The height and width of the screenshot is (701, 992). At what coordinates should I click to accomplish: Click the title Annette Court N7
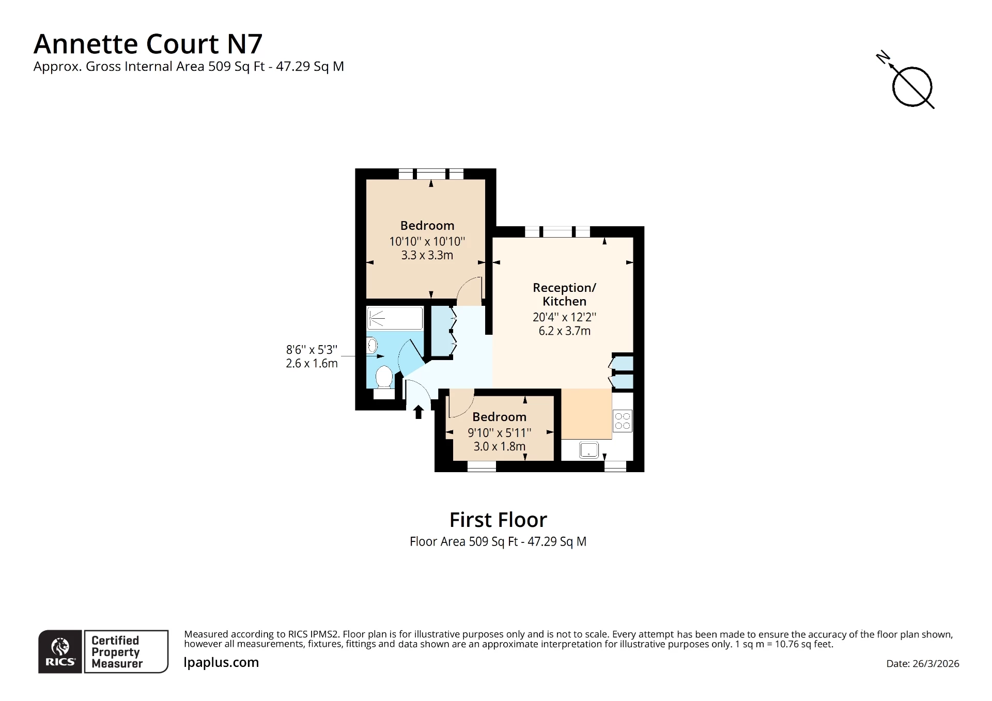[148, 44]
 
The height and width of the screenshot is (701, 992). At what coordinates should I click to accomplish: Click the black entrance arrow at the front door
[419, 412]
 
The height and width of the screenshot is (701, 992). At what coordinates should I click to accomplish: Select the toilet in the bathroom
[383, 377]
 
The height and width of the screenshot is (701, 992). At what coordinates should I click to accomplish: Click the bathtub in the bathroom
[395, 318]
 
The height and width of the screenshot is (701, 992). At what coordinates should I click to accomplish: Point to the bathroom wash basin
[372, 345]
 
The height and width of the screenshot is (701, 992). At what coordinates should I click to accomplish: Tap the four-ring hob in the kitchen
[623, 420]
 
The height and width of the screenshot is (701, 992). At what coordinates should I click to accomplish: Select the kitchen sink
[588, 449]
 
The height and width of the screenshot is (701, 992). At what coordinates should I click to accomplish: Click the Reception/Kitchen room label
[564, 294]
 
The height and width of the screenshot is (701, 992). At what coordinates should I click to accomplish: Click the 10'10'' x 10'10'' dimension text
[427, 241]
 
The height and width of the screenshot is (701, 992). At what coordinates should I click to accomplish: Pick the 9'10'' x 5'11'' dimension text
[499, 433]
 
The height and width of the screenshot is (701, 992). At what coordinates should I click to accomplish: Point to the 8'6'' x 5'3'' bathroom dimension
[312, 350]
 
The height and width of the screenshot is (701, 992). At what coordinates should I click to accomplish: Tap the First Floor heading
[498, 520]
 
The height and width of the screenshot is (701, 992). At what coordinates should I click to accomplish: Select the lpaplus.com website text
[221, 662]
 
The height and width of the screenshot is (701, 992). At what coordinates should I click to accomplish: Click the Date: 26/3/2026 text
[922, 664]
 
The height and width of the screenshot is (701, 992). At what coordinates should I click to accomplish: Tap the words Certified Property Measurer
[116, 652]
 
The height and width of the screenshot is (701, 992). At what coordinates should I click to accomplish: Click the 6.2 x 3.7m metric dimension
[564, 331]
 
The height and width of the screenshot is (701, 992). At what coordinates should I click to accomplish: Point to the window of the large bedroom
[431, 174]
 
